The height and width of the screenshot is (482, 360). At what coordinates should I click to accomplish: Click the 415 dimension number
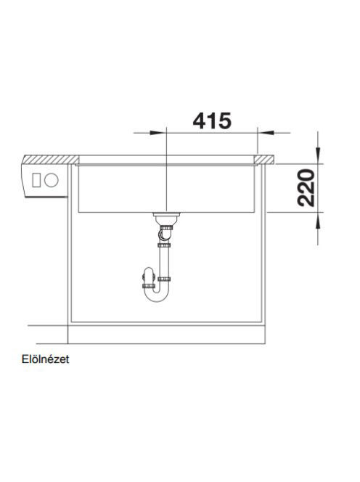point(211,120)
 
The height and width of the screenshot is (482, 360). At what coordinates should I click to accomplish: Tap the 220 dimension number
point(306,187)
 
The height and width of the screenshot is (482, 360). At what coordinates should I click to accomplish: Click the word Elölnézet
point(46,359)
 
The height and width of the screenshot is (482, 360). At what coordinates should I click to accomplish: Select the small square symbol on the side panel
point(36,180)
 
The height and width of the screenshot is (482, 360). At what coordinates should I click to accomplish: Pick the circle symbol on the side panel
point(51,180)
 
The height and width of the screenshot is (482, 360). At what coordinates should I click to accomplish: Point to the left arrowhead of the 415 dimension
point(158,133)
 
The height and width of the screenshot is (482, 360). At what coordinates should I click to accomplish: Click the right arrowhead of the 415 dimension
point(266,133)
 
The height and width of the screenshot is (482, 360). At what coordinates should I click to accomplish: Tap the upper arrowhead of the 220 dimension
point(318,156)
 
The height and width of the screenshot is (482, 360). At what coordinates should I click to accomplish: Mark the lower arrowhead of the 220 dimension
point(318,220)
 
